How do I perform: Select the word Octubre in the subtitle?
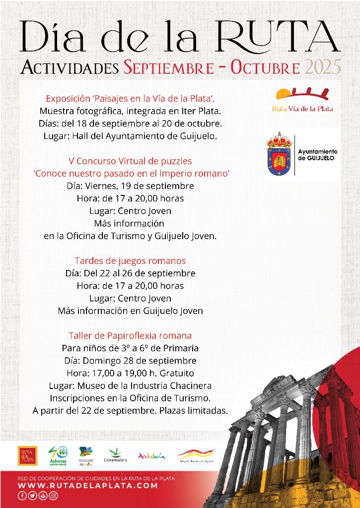click(x=265, y=67)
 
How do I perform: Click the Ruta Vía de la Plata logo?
click(x=302, y=100)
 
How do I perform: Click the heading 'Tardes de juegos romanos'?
click(x=130, y=260)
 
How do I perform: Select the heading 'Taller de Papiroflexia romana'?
click(x=130, y=335)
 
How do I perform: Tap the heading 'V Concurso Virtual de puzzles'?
click(x=130, y=161)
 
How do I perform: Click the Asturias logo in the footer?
click(x=58, y=455)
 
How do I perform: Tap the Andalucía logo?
click(x=151, y=456)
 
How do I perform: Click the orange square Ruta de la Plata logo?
click(x=27, y=455)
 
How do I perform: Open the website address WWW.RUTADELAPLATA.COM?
click(x=87, y=486)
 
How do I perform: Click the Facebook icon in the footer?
click(x=22, y=495)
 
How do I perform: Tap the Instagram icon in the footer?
click(x=54, y=495)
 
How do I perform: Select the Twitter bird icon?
click(x=32, y=495)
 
